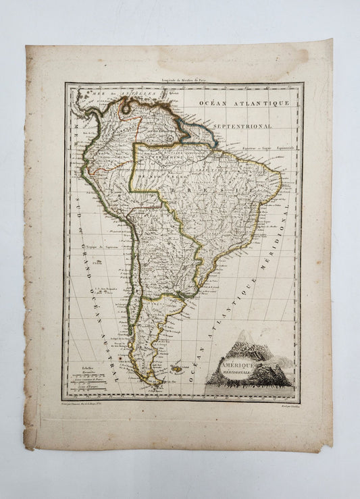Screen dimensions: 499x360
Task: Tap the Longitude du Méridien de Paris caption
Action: (183, 79)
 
